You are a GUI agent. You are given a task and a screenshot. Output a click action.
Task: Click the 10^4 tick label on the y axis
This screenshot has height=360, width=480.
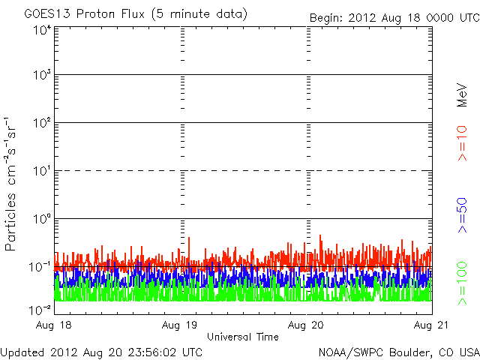(41, 30)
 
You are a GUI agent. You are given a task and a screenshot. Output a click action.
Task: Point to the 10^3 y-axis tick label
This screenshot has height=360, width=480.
(41, 75)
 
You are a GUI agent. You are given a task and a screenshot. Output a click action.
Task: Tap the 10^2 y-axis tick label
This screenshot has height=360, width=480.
(41, 122)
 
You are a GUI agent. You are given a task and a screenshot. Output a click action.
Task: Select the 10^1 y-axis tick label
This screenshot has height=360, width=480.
(41, 170)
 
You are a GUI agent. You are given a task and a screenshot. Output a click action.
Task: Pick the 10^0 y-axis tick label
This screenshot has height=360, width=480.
(41, 218)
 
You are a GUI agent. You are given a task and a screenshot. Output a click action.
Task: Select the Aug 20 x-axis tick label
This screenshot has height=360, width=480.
(307, 325)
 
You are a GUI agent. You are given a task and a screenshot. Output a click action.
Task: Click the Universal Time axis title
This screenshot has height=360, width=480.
(243, 337)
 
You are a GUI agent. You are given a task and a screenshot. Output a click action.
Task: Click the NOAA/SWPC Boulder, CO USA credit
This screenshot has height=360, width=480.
(398, 351)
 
